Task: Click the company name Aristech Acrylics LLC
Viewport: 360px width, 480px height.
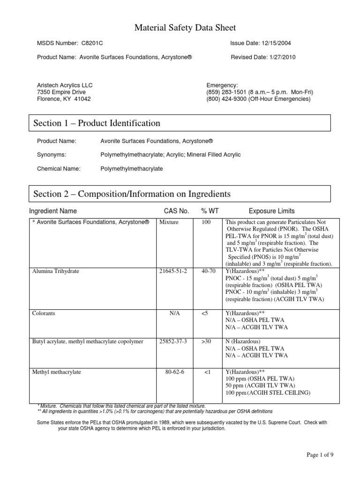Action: [65, 85]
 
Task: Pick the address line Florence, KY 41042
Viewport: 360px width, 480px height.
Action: [64, 99]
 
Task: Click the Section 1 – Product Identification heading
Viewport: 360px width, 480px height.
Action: [97, 123]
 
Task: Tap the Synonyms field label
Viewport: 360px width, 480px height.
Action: [52, 155]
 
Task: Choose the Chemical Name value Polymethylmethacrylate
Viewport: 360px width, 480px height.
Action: [132, 169]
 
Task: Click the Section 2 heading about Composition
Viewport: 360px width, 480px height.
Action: [132, 194]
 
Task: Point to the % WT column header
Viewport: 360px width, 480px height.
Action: [208, 211]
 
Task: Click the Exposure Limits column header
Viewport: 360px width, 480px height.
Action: [272, 211]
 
